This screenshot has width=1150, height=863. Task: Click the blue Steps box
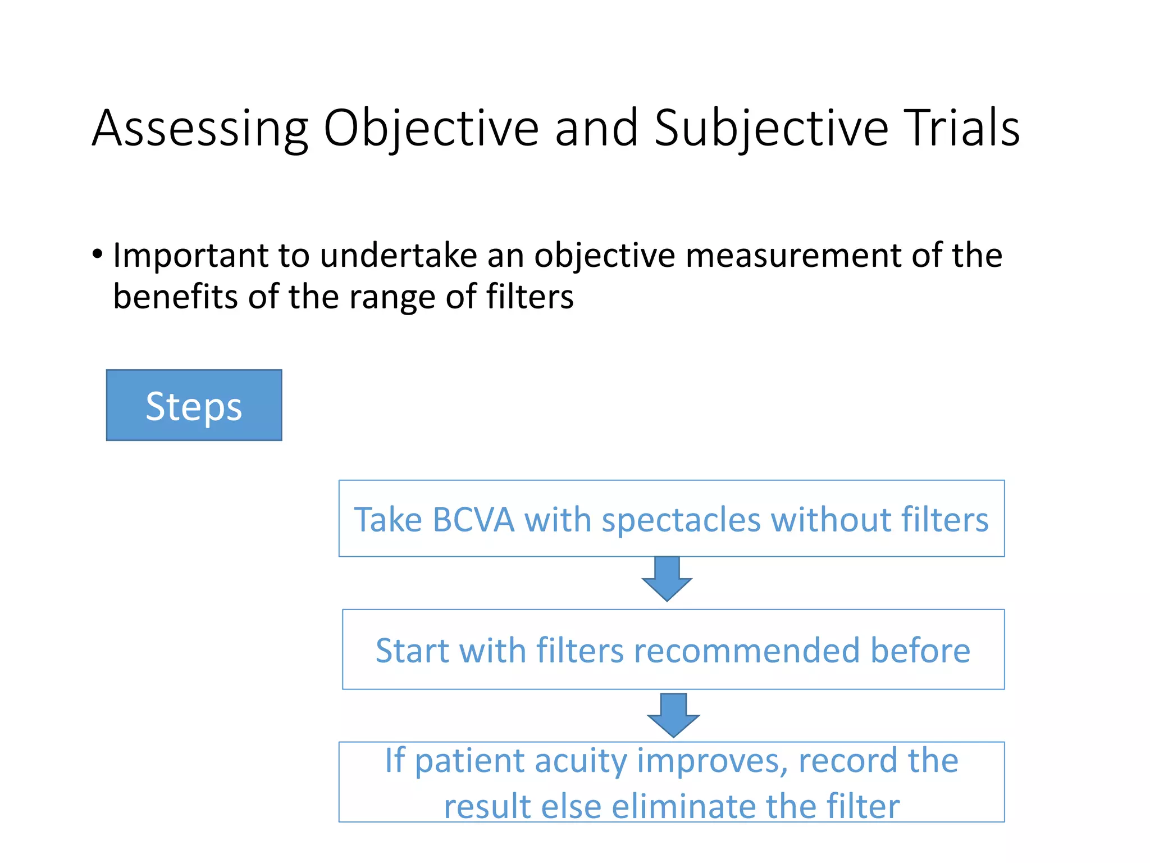[x=194, y=405]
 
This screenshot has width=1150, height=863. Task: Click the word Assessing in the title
[x=200, y=129]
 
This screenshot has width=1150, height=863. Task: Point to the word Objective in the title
[x=431, y=129]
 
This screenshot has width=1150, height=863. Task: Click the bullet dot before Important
[x=98, y=255]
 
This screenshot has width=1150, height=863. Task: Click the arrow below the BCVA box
[x=667, y=579]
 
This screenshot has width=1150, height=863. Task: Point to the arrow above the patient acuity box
[x=673, y=715]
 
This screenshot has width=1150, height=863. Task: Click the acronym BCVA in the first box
[x=473, y=520]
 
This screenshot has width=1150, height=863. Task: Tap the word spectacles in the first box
[x=681, y=520]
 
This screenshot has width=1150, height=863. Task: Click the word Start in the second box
[x=412, y=651]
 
